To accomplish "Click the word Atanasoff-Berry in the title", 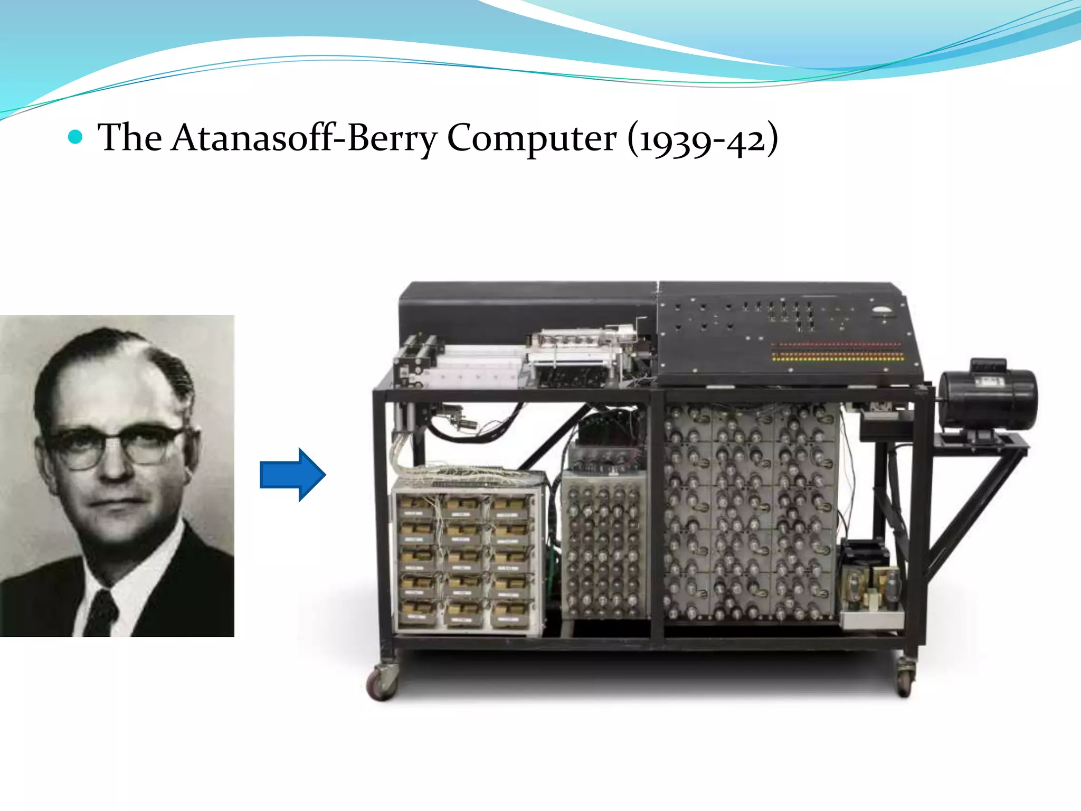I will point(304,138).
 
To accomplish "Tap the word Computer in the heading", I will point(532,138).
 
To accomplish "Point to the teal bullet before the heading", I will point(76,138).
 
